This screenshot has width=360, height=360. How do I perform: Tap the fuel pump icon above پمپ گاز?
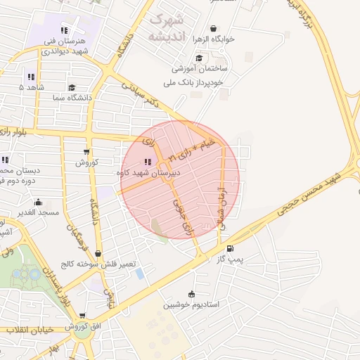231,248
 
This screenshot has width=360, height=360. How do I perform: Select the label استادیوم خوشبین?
192,304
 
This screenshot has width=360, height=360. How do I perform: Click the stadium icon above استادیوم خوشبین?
192,294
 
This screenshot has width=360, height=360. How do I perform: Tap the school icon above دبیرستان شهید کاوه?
147,162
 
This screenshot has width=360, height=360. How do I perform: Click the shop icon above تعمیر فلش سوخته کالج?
98,253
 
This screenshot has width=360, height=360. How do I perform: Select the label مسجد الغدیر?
39,212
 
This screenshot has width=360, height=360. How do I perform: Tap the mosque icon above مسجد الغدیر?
38,202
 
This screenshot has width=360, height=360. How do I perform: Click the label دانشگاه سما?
72,98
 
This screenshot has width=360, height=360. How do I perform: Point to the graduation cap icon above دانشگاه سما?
72,88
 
